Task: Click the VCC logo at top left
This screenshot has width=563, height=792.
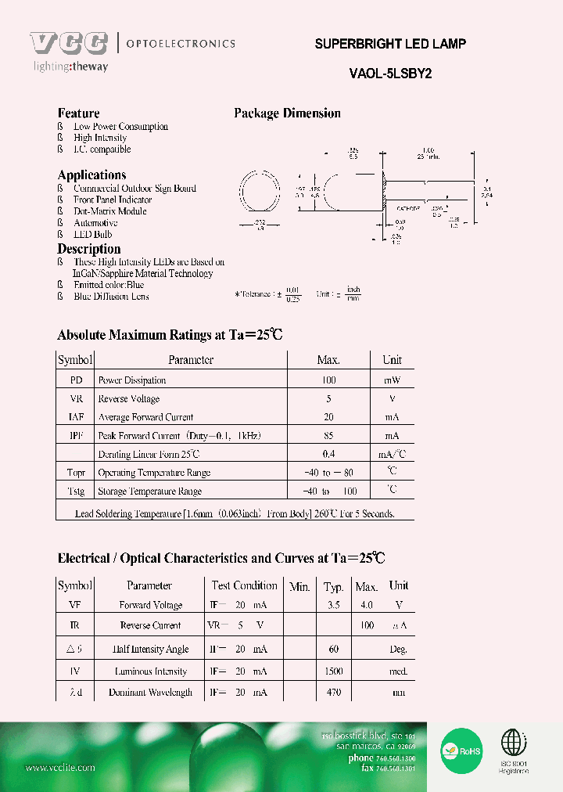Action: click(69, 44)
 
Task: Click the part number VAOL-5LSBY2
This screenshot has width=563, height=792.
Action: click(390, 73)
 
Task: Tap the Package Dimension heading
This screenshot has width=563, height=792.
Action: click(287, 113)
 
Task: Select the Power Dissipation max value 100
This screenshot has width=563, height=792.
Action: click(328, 380)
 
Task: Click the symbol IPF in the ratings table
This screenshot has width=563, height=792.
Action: click(75, 436)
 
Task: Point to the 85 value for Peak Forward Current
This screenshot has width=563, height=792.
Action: click(328, 436)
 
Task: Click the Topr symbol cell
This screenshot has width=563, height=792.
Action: click(75, 473)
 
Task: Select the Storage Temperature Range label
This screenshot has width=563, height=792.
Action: click(149, 491)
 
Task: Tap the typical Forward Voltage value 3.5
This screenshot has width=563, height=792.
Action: click(333, 606)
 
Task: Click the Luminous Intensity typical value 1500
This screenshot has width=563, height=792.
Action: click(334, 671)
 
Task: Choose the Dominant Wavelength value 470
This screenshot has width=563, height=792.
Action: click(334, 693)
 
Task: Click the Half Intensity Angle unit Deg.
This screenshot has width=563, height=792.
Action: click(399, 650)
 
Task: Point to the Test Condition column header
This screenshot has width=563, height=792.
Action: click(244, 585)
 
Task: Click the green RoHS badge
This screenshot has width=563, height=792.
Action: click(461, 750)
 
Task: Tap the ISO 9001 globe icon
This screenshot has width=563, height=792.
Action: click(514, 743)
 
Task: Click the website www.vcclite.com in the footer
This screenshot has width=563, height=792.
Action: click(60, 768)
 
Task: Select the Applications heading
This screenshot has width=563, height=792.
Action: click(91, 175)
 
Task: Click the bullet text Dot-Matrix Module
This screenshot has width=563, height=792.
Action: click(109, 211)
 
